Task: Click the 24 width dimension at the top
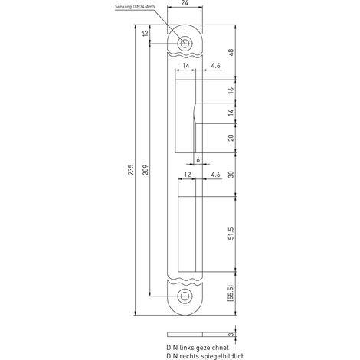185,3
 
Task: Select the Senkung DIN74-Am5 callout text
135,8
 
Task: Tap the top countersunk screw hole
185,44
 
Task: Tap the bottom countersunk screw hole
185,296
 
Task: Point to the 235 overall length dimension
131,169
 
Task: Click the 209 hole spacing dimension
146,169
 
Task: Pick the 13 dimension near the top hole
146,33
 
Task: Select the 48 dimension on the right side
231,52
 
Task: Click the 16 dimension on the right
231,90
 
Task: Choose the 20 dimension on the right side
231,138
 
